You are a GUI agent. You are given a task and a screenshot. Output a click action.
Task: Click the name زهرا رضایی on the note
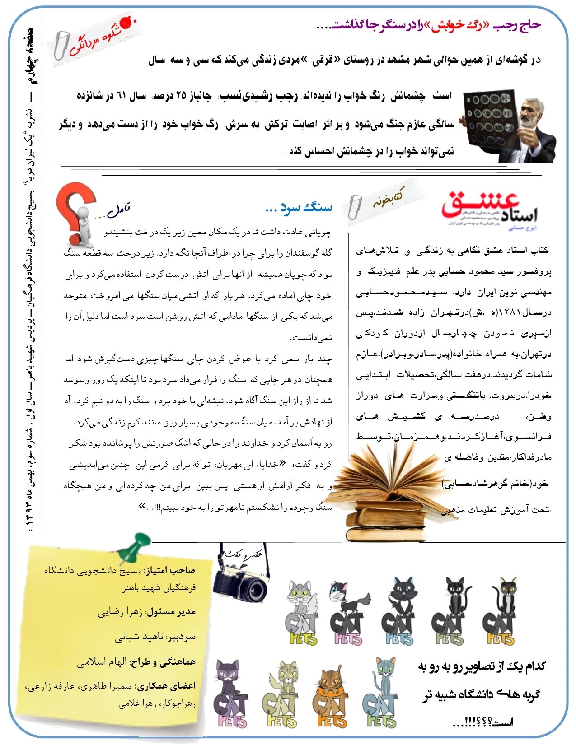120,612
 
